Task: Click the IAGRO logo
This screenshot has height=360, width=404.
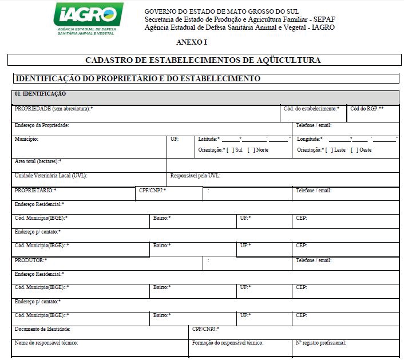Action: [88, 19]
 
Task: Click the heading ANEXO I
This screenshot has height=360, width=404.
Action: [192, 42]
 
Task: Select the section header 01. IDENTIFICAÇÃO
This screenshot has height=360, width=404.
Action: [41, 93]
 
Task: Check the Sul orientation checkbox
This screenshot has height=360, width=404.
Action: [230, 150]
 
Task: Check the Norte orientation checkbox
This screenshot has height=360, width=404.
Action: [251, 150]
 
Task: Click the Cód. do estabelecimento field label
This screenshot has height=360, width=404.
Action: [311, 108]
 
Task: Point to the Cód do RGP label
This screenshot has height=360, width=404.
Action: [367, 108]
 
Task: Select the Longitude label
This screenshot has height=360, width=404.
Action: [310, 139]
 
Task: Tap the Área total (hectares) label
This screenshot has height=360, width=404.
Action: [38, 161]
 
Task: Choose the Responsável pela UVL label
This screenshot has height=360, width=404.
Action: [195, 176]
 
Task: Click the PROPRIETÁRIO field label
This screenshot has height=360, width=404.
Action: [35, 190]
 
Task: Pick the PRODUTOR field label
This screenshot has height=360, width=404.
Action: [31, 260]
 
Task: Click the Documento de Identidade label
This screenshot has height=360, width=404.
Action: [42, 329]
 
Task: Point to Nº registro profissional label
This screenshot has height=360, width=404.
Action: [321, 343]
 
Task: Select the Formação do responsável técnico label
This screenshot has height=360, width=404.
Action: [228, 343]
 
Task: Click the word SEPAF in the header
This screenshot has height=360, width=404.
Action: [322, 19]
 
